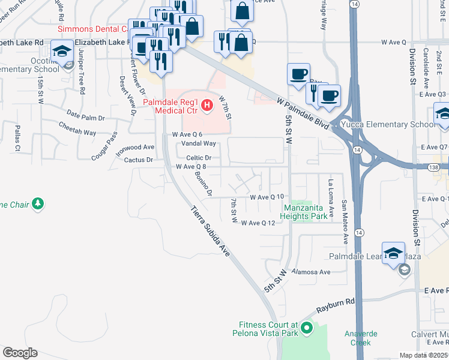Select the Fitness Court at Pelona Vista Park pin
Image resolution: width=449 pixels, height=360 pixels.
[x=307, y=328]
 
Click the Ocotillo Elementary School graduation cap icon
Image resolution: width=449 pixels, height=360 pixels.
[x=62, y=52]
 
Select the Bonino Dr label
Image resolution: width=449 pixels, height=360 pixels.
[x=203, y=184]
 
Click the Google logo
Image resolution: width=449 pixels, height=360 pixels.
[x=20, y=353]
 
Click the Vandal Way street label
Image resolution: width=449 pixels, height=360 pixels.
[x=200, y=143]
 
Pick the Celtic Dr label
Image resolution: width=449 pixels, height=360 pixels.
[x=199, y=157]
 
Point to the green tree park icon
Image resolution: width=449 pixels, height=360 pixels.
[x=38, y=204]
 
